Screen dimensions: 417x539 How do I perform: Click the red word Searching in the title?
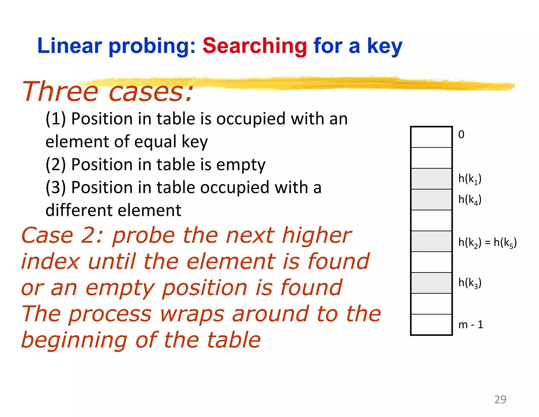[x=254, y=46]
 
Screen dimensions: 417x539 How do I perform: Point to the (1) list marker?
[x=56, y=119]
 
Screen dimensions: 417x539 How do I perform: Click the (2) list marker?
[x=56, y=165]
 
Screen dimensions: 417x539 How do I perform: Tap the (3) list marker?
[x=56, y=188]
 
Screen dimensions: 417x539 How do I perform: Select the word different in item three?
[x=79, y=210]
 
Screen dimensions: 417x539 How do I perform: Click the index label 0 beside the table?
[x=461, y=135]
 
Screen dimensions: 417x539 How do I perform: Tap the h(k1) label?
[x=470, y=179]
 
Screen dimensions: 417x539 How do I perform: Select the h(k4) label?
[x=470, y=200]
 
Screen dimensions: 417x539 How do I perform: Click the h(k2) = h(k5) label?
[x=487, y=242]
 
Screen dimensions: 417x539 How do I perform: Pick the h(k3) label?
[x=470, y=283]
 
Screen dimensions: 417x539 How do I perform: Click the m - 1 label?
[x=471, y=325]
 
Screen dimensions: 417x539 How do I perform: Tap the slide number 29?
[x=500, y=400]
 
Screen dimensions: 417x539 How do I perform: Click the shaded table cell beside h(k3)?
[x=431, y=283]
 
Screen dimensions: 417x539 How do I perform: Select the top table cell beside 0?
[x=431, y=137]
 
